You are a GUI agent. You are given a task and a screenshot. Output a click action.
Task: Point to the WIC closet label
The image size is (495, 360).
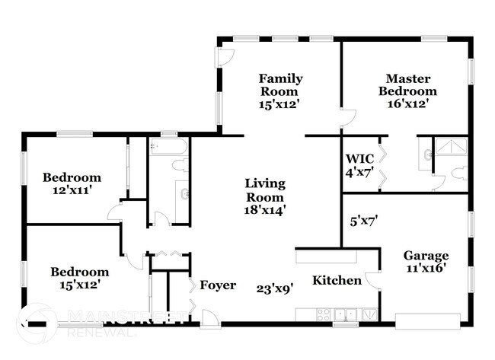coord(359,158)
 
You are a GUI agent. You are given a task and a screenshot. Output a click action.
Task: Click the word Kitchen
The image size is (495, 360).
coord(337,281)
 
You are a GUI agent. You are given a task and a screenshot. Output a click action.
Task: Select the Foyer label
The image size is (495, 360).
coord(218,285)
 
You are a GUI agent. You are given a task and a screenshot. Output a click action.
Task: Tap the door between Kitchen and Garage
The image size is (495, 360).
coord(372,279)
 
